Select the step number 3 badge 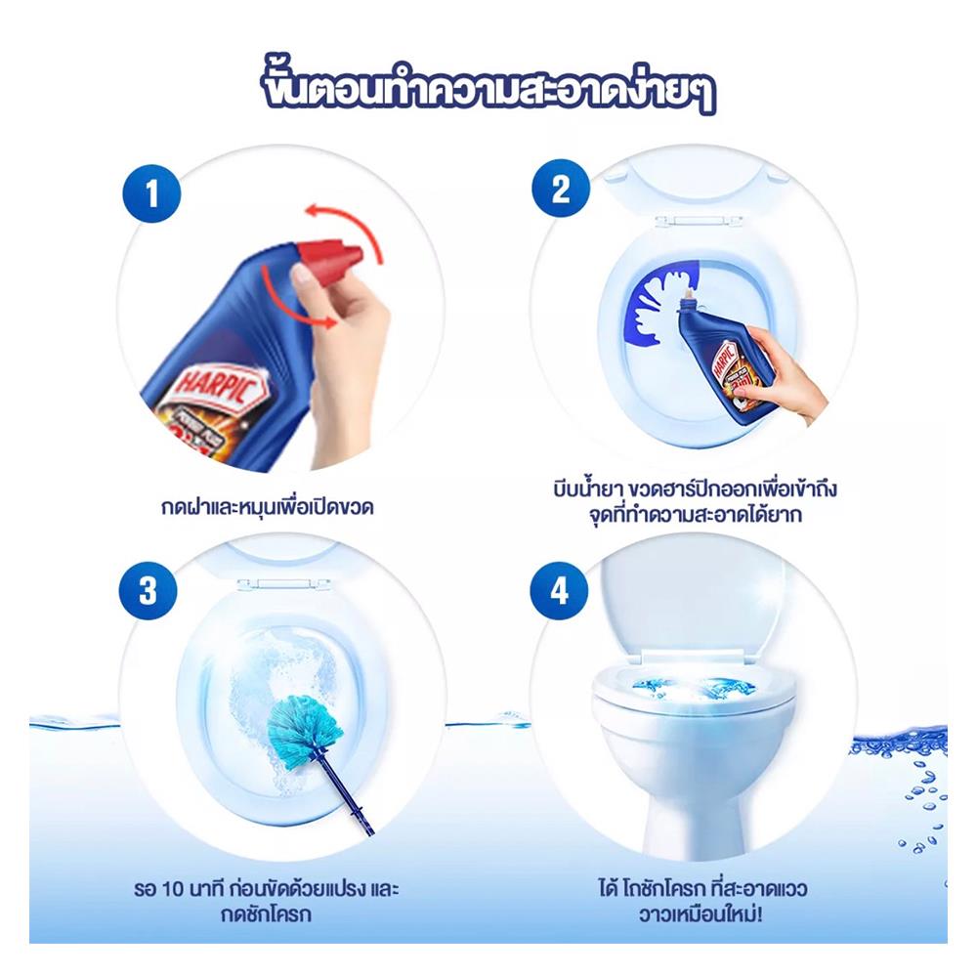click(149, 592)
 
